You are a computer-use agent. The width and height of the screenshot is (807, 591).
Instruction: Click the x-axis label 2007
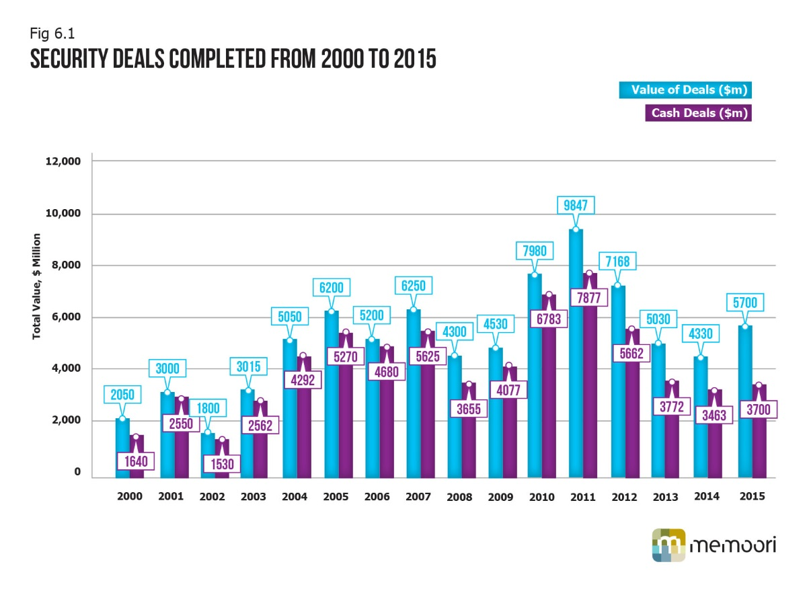click(418, 497)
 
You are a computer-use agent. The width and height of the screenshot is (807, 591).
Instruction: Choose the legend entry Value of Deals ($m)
click(685, 89)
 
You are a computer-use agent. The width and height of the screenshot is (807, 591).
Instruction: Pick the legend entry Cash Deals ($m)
click(697, 113)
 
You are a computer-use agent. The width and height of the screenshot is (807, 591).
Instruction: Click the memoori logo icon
click(668, 545)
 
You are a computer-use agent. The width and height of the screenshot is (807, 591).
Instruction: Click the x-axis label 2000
click(129, 497)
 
